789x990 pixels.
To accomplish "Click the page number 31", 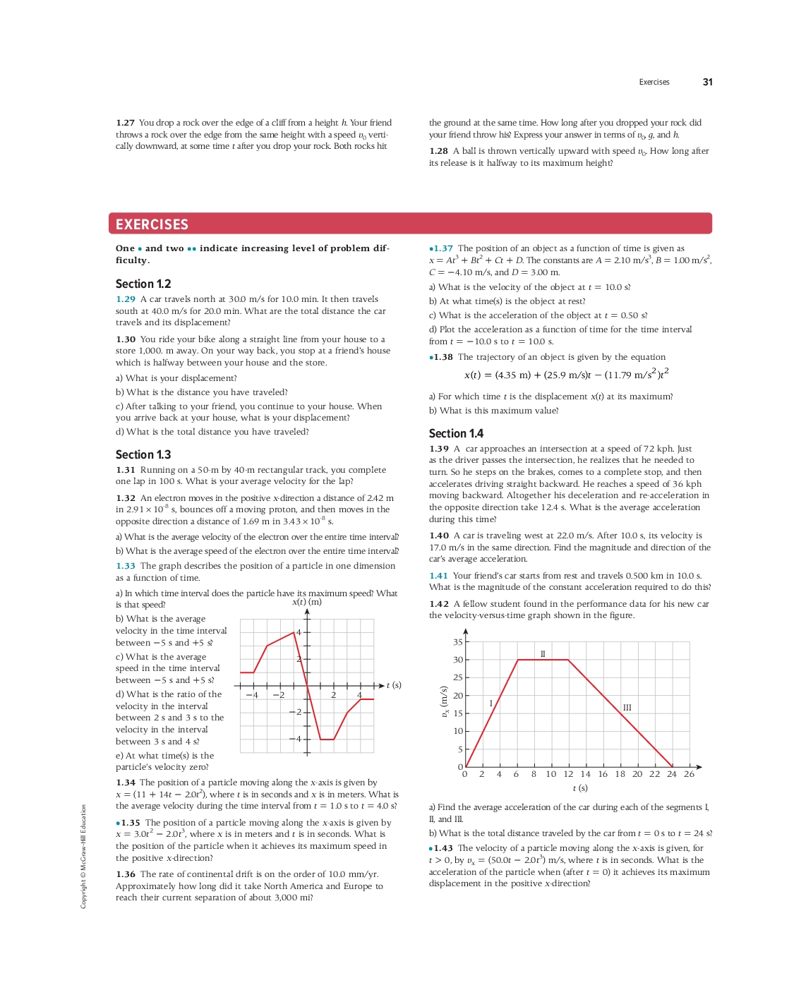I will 707,82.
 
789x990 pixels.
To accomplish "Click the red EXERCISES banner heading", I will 152,224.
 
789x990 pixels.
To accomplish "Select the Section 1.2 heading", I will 143,284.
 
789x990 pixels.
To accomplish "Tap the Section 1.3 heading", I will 143,454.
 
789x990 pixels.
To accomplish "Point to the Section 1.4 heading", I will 456,433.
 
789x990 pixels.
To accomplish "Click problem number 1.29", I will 126,299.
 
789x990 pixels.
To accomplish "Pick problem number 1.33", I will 126,566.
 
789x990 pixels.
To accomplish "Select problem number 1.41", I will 438,576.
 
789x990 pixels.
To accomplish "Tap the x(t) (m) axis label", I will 307,602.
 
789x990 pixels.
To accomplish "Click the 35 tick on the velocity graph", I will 458,642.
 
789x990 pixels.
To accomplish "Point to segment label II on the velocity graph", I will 543,654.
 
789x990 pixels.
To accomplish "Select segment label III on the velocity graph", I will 627,708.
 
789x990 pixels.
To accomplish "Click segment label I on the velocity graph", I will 491,704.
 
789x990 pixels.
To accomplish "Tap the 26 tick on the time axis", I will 689,774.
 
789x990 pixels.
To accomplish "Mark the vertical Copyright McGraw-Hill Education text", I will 83,856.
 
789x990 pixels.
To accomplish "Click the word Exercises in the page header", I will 654,83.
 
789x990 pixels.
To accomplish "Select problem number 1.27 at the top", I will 125,123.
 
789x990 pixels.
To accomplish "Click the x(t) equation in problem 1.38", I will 566,374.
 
